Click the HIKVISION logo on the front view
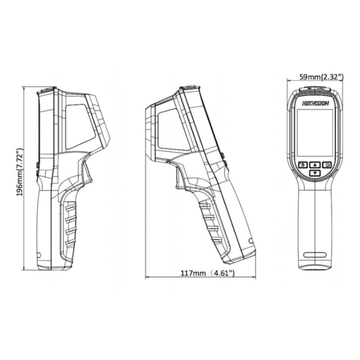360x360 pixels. click(315, 104)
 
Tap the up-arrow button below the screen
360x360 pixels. click(315, 165)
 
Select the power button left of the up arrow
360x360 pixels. click(303, 165)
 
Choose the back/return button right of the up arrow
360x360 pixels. click(327, 165)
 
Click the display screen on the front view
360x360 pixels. click(315, 133)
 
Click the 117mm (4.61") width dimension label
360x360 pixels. click(208, 273)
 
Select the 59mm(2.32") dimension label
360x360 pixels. click(322, 77)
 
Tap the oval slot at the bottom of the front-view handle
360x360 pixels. click(315, 255)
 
